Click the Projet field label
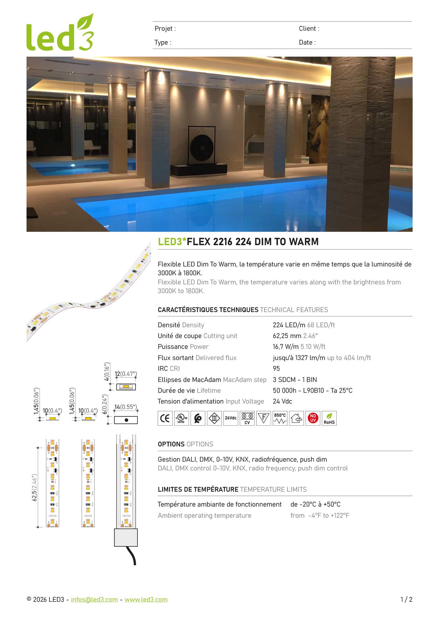pyautogui.click(x=165, y=29)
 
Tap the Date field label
pyautogui.click(x=307, y=43)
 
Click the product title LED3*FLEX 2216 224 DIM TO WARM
pyautogui.click(x=238, y=242)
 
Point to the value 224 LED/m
pyautogui.click(x=289, y=325)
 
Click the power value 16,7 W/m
pyautogui.click(x=286, y=347)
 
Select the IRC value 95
pyautogui.click(x=276, y=368)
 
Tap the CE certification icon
pyautogui.click(x=165, y=418)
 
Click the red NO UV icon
pyautogui.click(x=313, y=418)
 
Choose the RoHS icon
pyautogui.click(x=329, y=418)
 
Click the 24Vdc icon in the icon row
pyautogui.click(x=231, y=418)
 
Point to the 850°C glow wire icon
pyautogui.click(x=280, y=418)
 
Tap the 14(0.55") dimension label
pyautogui.click(x=126, y=407)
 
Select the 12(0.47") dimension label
pyautogui.click(x=126, y=374)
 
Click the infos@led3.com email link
pyautogui.click(x=94, y=600)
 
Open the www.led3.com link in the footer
pyautogui.click(x=146, y=600)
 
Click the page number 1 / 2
pyautogui.click(x=406, y=600)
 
